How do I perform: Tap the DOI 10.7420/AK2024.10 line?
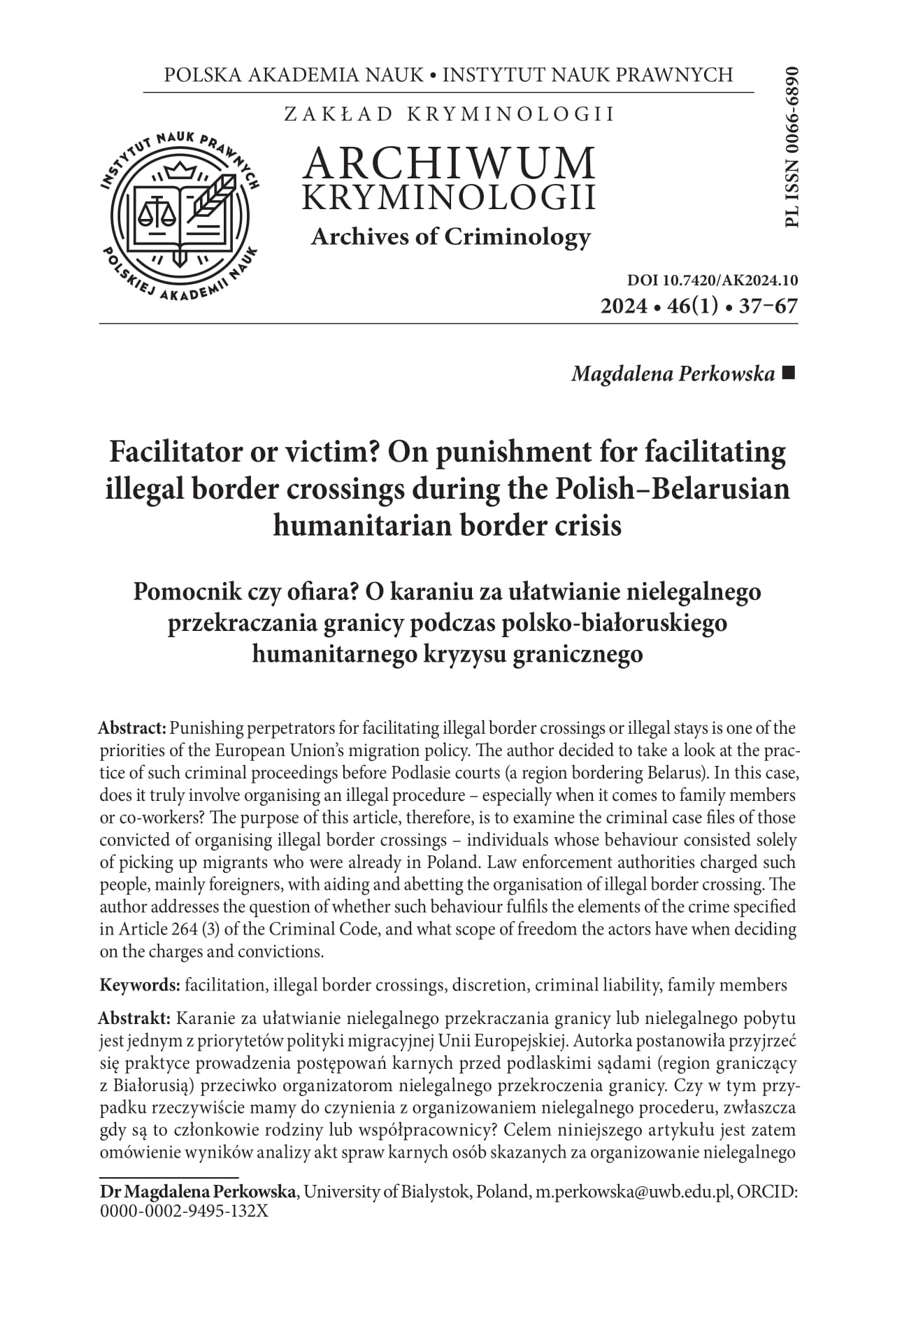point(713,281)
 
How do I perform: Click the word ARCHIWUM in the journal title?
point(450,163)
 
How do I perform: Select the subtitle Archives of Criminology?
point(450,237)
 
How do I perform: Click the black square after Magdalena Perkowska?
point(789,374)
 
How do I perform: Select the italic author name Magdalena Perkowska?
point(673,374)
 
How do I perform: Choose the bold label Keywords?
point(140,986)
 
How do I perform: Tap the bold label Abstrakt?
point(135,1017)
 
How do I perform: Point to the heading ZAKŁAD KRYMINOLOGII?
point(449,114)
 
